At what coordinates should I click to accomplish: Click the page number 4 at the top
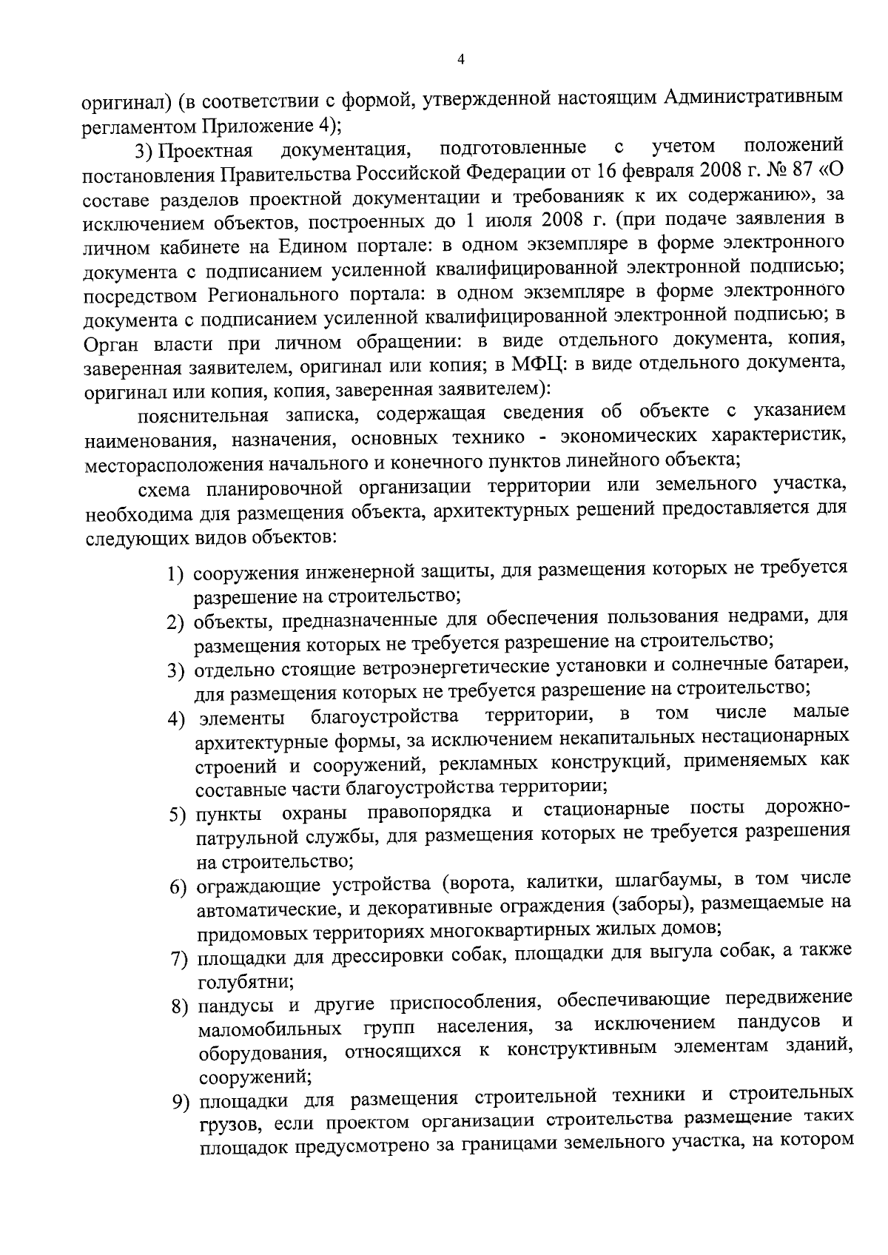461,60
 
